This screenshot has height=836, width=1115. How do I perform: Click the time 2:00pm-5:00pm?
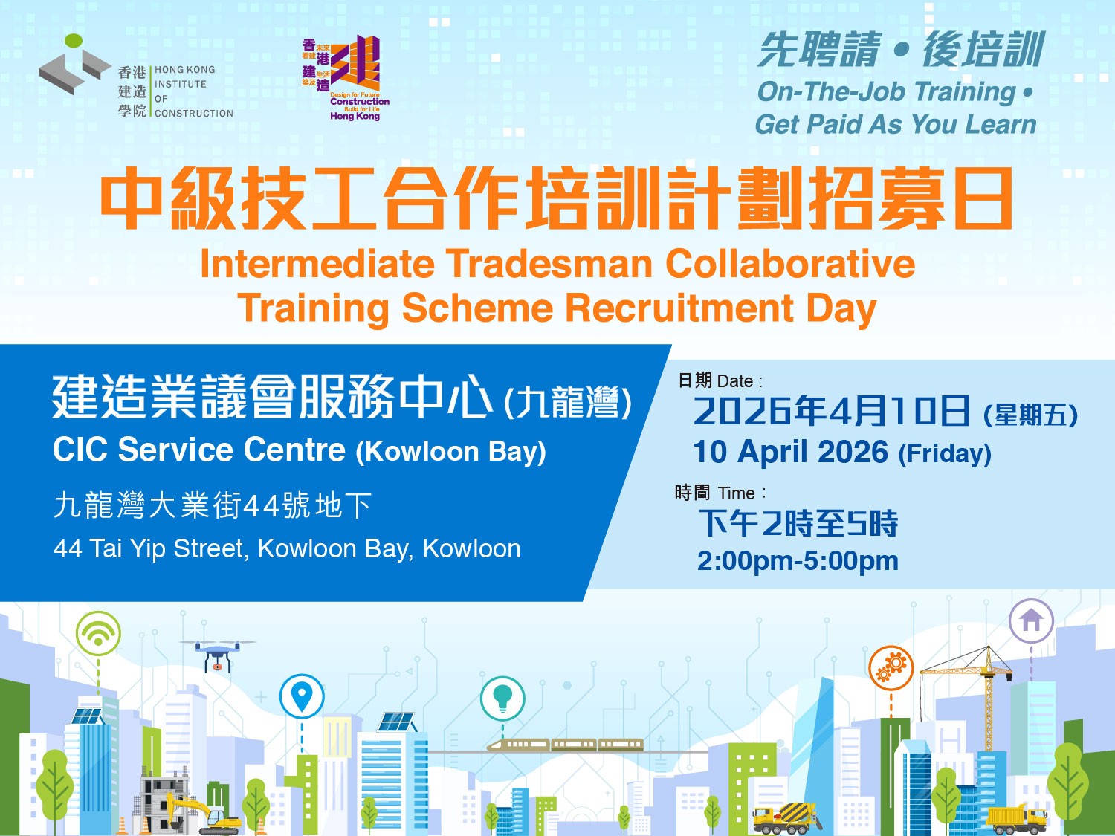click(x=798, y=561)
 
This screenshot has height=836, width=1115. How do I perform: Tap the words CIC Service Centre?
click(x=199, y=450)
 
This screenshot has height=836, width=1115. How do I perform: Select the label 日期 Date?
click(x=720, y=381)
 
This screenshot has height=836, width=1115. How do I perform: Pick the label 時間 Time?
click(x=720, y=493)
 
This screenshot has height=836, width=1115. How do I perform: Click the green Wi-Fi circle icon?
click(x=98, y=633)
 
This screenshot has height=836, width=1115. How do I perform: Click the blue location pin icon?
click(x=301, y=697)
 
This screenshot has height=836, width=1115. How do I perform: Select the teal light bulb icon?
click(x=502, y=699)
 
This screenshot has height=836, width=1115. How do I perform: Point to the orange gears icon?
click(x=891, y=667)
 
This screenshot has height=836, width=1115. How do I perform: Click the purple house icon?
click(x=1031, y=620)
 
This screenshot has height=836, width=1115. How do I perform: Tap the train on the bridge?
click(x=565, y=744)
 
